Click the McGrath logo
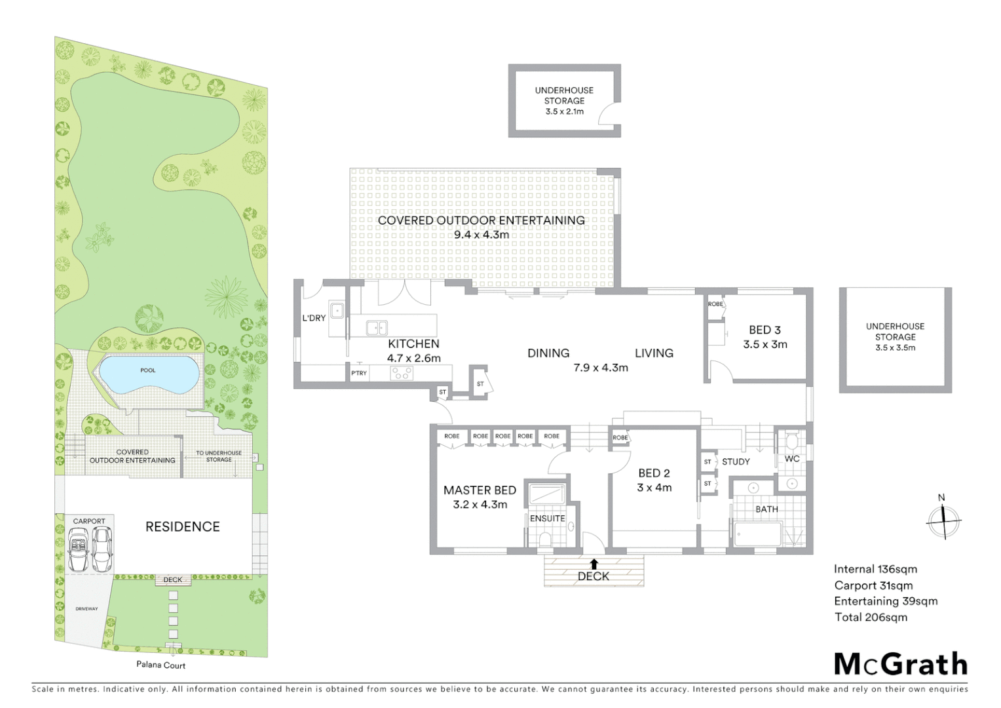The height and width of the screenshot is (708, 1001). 901,664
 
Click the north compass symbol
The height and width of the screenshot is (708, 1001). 943,521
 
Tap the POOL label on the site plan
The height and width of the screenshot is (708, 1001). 148,370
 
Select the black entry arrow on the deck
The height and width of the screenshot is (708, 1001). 594,563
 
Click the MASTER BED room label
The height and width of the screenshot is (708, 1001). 480,490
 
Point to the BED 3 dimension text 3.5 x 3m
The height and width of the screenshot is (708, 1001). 765,345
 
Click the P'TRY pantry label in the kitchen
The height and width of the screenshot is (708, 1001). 359,373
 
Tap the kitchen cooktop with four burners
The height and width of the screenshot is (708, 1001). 401,373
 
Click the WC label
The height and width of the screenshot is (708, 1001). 792,459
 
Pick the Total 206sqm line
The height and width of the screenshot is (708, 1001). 871,617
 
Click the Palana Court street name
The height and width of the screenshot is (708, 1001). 161,665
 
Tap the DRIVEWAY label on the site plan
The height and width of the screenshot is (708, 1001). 86,609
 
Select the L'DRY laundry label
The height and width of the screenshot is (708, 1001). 314,318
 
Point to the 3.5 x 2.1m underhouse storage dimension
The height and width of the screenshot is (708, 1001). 564,112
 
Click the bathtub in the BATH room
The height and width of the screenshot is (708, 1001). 758,534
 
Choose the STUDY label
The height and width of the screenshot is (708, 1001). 736,462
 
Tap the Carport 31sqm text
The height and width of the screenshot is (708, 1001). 873,585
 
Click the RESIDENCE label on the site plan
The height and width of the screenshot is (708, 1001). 182,526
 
